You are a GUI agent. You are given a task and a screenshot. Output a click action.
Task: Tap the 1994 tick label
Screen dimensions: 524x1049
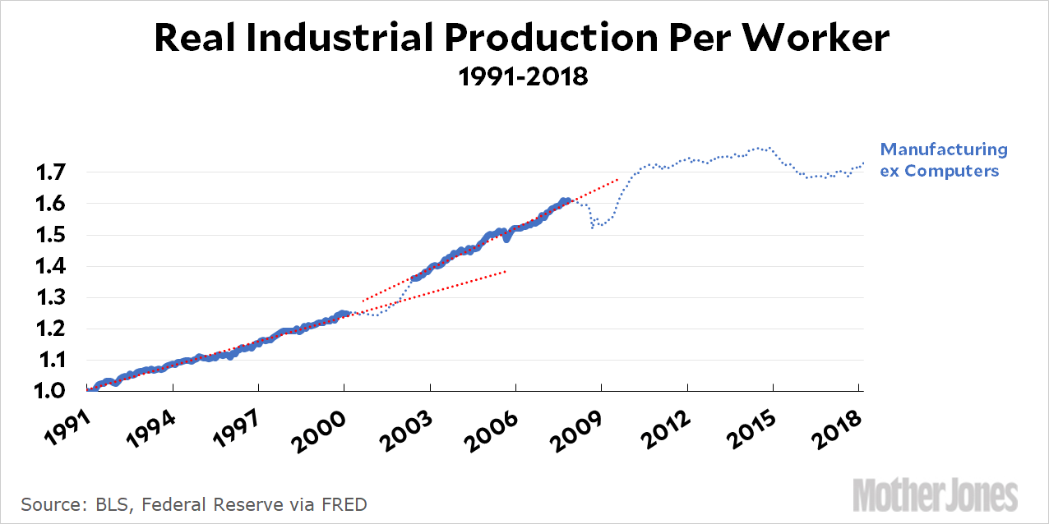151,429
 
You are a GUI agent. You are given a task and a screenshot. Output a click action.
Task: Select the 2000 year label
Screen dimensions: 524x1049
323,429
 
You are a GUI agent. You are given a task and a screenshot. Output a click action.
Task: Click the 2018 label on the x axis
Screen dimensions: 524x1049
839,429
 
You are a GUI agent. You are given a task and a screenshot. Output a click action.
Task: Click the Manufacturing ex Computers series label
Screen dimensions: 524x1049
944,160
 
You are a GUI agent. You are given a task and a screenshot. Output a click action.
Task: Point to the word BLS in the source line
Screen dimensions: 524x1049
109,503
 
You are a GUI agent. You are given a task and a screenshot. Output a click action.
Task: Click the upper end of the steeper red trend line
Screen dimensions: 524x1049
617,179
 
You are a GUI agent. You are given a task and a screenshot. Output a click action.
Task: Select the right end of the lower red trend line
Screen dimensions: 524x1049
506,270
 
